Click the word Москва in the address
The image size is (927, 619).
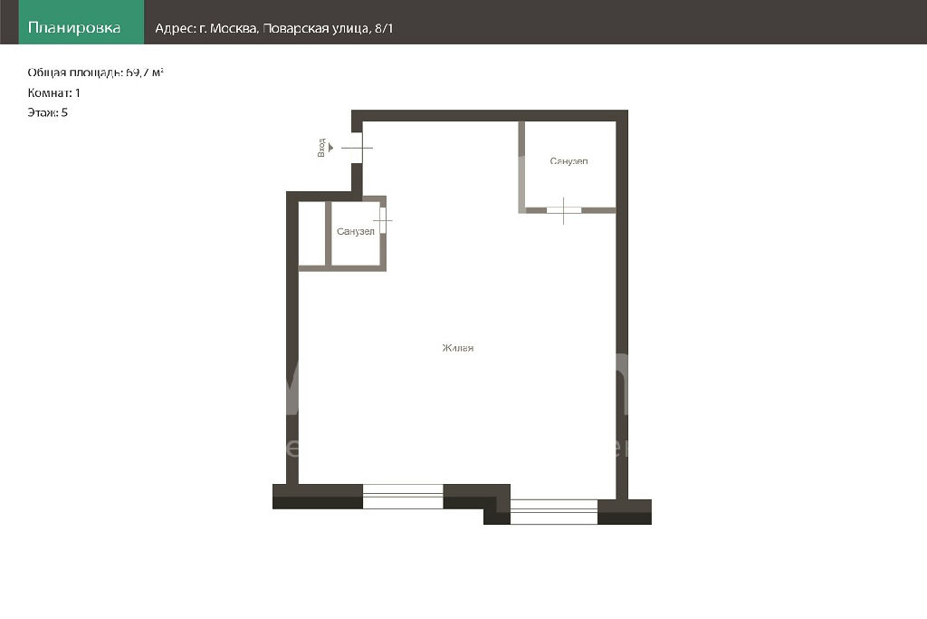[234, 28]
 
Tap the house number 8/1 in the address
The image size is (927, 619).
[384, 28]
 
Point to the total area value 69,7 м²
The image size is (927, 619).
[144, 73]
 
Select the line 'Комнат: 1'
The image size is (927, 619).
[53, 93]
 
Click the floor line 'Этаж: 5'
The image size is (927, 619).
[47, 112]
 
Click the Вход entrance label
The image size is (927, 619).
[321, 148]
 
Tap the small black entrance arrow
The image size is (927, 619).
[331, 148]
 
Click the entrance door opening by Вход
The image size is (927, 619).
[357, 148]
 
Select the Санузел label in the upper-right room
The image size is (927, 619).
[569, 161]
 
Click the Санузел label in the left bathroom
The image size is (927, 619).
[355, 231]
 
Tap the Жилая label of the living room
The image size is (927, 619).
[457, 348]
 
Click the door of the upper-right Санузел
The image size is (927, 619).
[563, 210]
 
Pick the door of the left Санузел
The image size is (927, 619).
[383, 220]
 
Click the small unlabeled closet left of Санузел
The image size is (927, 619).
[311, 234]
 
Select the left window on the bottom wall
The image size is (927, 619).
[403, 497]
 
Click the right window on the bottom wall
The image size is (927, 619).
[554, 512]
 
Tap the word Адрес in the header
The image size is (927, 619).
[175, 29]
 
